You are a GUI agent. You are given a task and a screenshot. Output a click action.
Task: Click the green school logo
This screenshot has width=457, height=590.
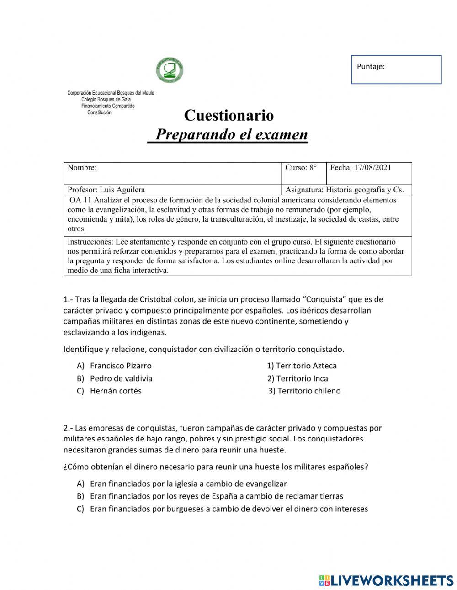170,71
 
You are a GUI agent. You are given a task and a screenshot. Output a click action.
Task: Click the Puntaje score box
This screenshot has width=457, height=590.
396,69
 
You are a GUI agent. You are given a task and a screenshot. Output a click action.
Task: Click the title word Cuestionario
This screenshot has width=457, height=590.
228,115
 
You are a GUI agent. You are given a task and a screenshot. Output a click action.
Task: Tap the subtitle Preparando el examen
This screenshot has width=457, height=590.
231,135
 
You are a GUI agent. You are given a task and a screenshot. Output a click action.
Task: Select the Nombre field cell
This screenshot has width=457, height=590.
172,173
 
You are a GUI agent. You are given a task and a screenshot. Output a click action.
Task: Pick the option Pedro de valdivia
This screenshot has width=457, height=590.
121,378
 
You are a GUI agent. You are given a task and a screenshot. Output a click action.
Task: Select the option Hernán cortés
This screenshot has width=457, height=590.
116,391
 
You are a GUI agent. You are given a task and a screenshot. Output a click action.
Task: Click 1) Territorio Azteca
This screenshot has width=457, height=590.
302,366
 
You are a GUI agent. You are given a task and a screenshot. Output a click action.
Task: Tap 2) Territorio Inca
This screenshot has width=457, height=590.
298,378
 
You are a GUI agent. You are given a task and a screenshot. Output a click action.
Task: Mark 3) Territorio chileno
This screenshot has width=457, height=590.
305,391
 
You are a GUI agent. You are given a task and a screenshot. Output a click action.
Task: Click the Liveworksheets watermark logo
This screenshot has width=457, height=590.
386,580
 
